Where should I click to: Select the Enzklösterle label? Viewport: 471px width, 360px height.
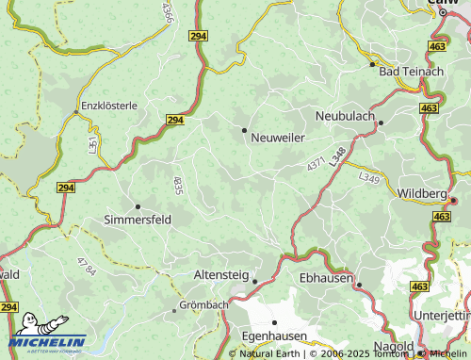tap(109, 106)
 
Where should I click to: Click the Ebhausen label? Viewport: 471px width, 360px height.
tap(324, 278)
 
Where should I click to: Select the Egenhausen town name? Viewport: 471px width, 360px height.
tap(273, 335)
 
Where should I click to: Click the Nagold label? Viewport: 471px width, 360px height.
tap(393, 347)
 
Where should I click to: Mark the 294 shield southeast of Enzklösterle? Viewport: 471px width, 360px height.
tap(175, 121)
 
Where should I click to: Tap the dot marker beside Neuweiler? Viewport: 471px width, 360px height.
tap(245, 130)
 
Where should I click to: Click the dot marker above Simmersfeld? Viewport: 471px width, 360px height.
tap(138, 205)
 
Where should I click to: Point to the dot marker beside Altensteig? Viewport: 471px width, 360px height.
tap(254, 280)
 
